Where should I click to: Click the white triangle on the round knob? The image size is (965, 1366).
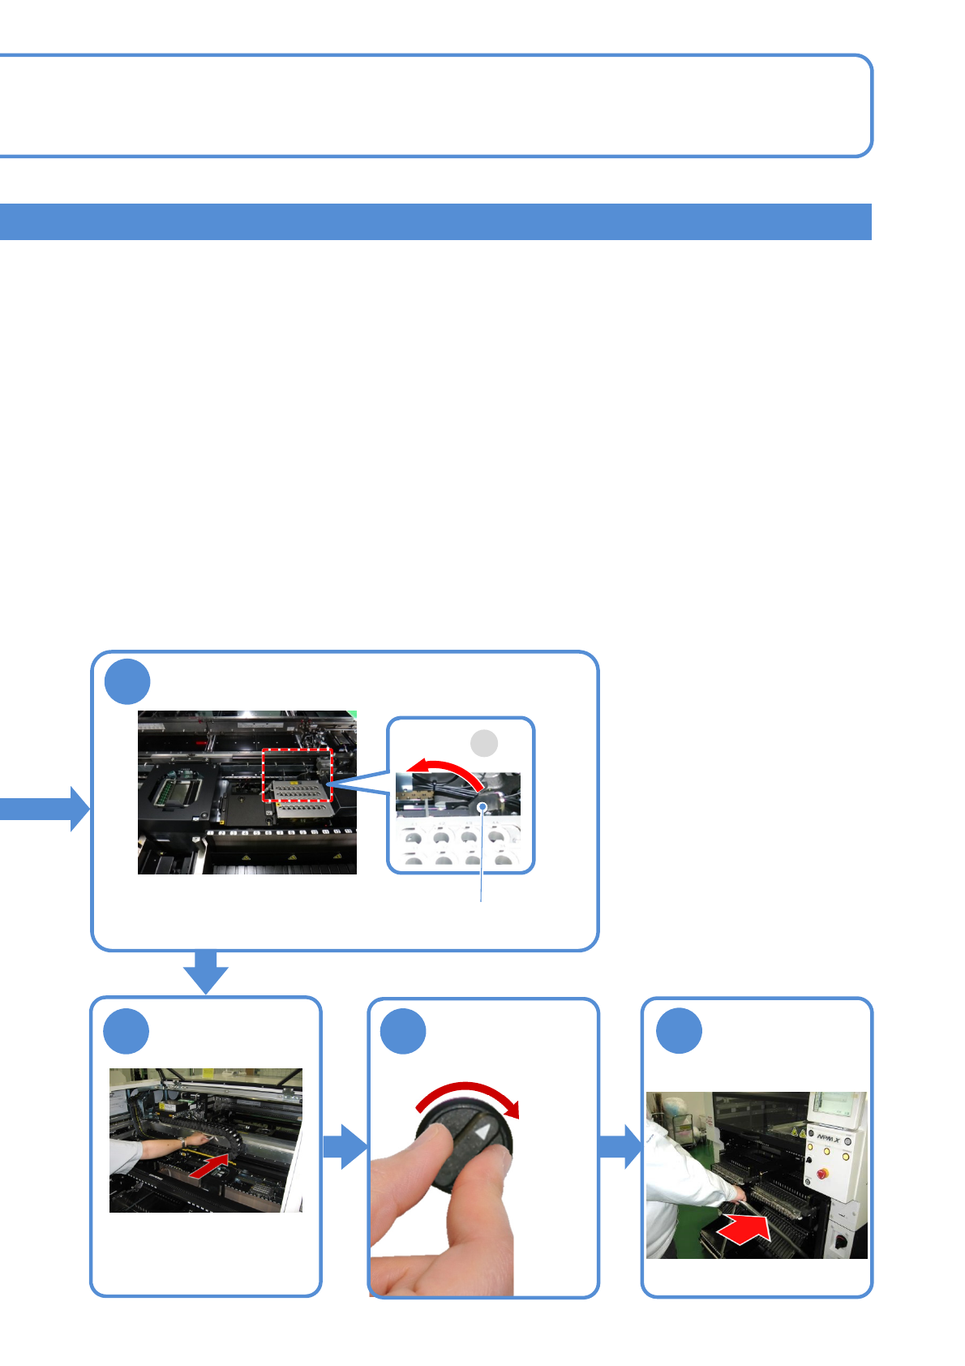point(484,1133)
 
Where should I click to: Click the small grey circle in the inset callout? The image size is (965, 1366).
point(484,742)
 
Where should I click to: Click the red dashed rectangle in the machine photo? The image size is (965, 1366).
point(298,775)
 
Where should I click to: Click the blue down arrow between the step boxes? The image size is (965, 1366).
point(206,971)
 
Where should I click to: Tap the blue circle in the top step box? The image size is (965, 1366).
point(127,682)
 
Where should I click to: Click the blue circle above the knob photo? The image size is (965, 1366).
point(403,1031)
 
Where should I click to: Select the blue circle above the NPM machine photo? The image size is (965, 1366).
point(679,1031)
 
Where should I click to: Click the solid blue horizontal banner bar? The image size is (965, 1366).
point(435,221)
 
